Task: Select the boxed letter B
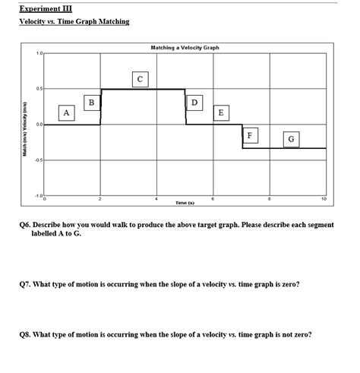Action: click(91, 102)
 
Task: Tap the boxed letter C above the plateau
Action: click(138, 78)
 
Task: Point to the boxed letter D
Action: click(194, 102)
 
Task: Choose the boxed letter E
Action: click(220, 112)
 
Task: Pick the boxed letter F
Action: click(250, 135)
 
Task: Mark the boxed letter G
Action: click(291, 139)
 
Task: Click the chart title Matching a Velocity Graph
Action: click(185, 48)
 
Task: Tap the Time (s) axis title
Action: click(185, 203)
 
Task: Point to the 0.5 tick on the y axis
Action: click(39, 89)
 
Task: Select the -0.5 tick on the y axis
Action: click(39, 160)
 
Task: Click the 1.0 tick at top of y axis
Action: click(39, 54)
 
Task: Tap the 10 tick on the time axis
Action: click(324, 199)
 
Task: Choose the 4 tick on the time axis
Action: click(156, 199)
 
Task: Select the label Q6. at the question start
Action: click(27, 225)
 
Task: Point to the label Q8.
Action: click(27, 333)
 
